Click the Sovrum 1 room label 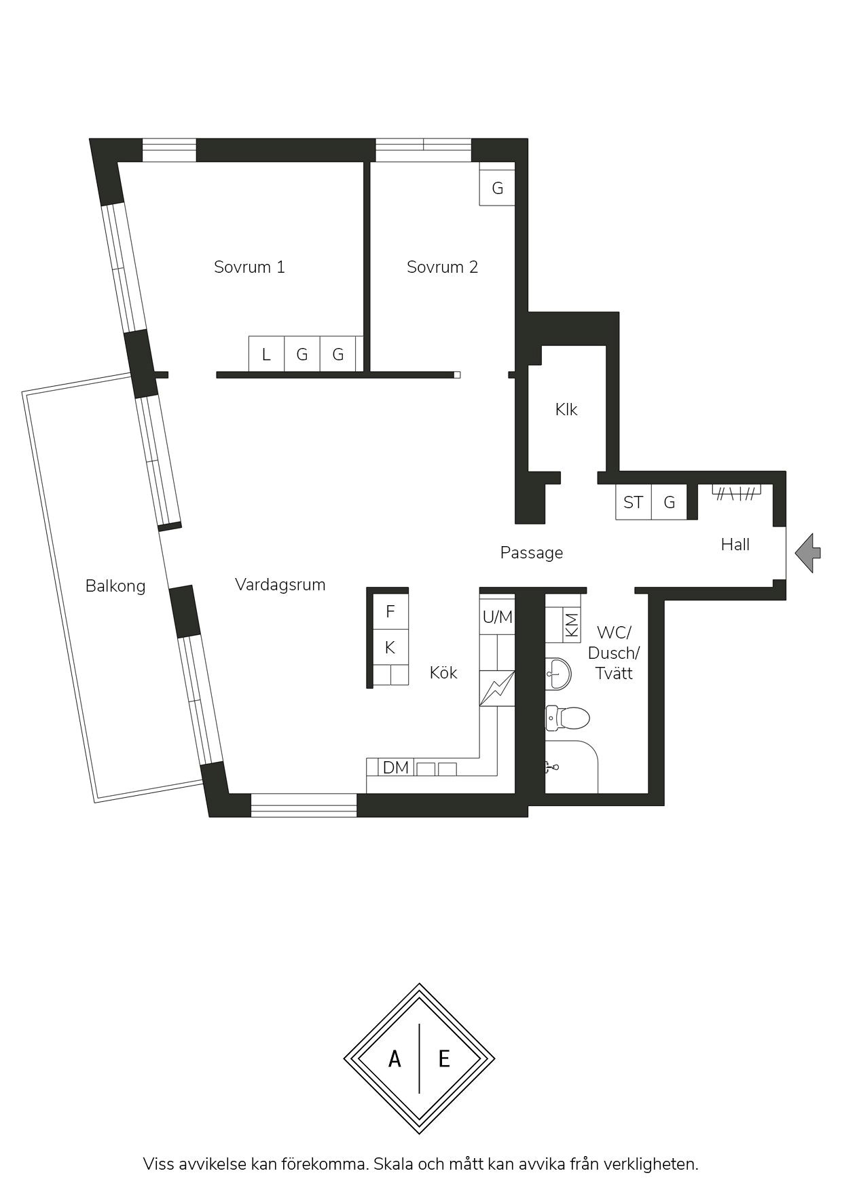249,267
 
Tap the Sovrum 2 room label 442,267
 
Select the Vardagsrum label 280,585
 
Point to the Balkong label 115,586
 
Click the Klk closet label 566,410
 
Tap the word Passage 532,554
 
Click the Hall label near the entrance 735,545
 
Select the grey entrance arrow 808,553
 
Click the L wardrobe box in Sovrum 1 266,354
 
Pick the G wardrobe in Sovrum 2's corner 497,188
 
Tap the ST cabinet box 633,503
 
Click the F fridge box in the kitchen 390,612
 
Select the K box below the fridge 390,648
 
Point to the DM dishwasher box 396,767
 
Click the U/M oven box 498,617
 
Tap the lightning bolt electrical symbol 497,688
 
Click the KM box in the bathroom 572,624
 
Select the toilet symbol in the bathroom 568,718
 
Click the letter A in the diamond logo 395,1058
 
